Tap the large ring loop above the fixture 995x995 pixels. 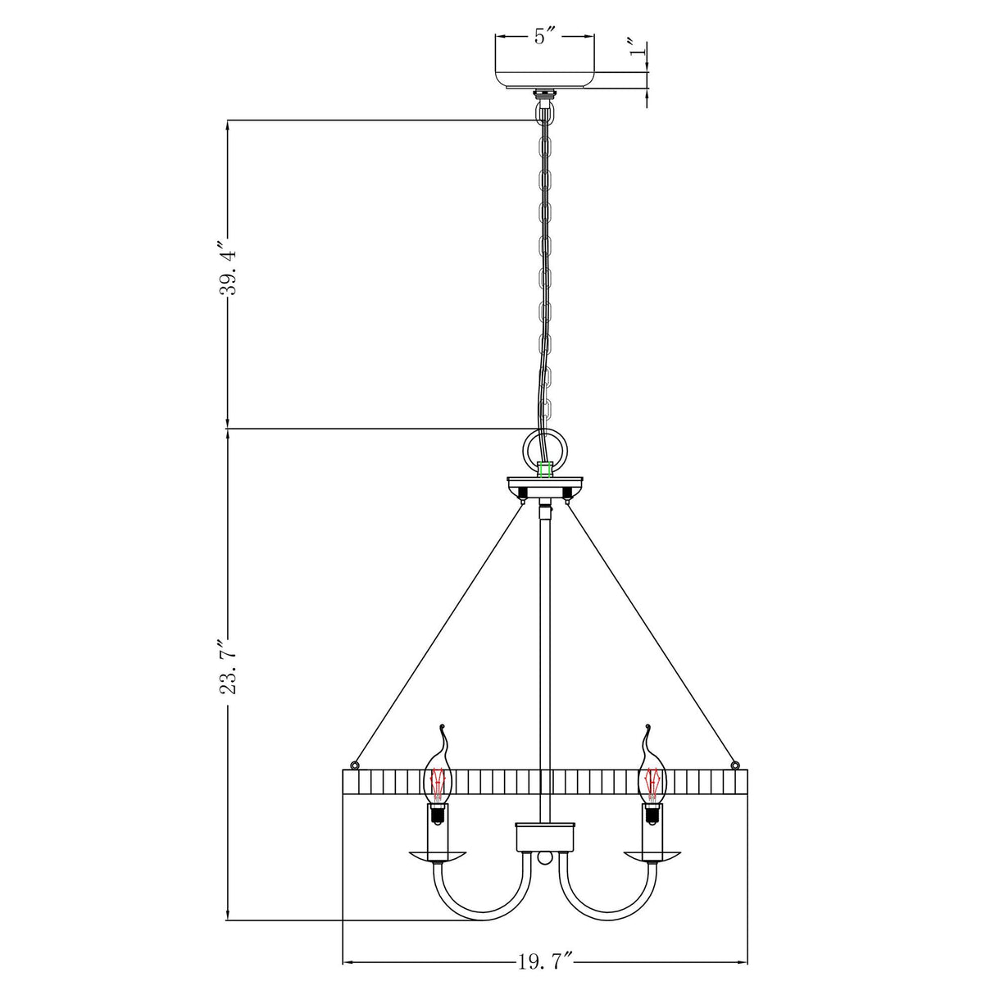coord(544,448)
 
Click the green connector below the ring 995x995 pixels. coord(544,470)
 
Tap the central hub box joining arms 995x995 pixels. coord(544,837)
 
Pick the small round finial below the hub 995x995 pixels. coord(544,857)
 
